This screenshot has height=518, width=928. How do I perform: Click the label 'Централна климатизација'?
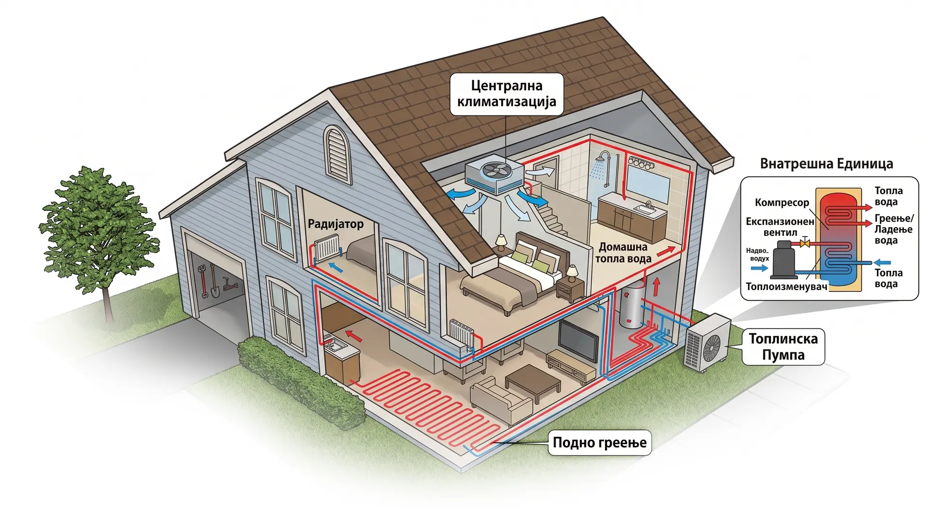click(x=507, y=94)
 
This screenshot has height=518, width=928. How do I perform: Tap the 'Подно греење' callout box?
click(x=599, y=443)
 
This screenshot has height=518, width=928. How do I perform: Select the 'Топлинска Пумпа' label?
click(x=783, y=346)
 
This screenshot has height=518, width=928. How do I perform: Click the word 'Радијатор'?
click(x=335, y=224)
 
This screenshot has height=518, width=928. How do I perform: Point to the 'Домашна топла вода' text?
click(x=623, y=253)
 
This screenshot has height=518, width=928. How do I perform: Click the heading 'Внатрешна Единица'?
click(x=826, y=164)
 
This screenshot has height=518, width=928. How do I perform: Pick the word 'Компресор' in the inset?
click(x=782, y=202)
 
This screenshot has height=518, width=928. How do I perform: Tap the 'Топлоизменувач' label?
click(x=786, y=287)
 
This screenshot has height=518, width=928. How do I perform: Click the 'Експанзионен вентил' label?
click(x=780, y=227)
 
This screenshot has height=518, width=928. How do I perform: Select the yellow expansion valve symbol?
click(x=805, y=243)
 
